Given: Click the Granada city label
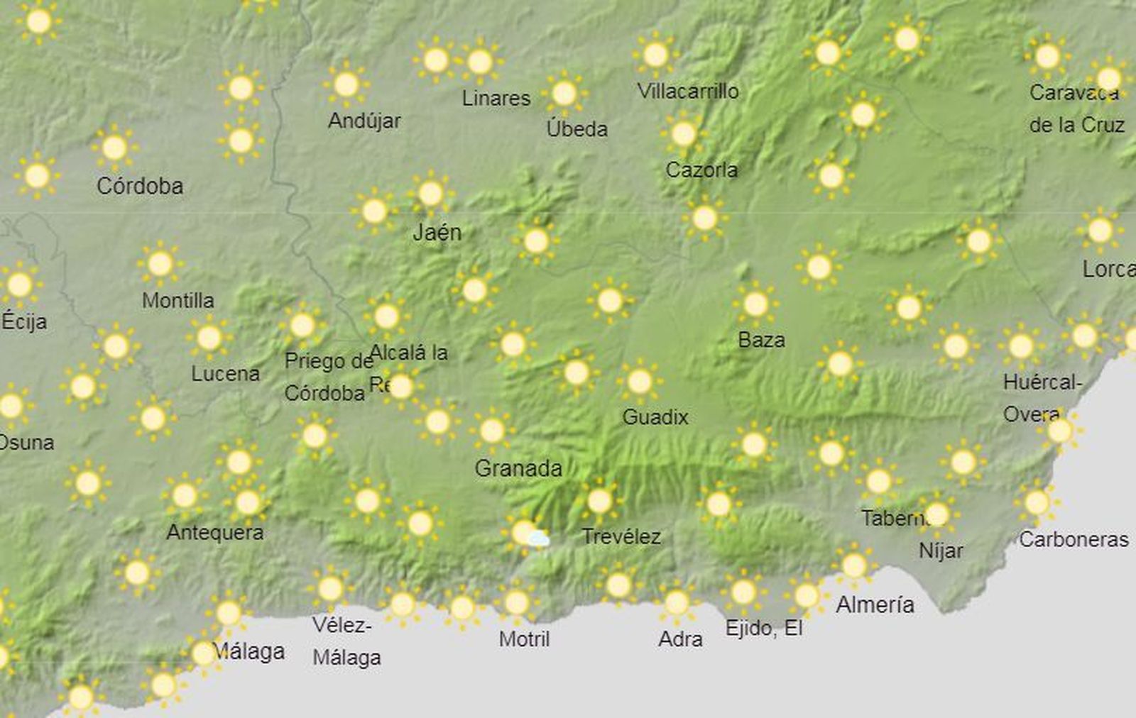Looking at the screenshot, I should [x=518, y=468].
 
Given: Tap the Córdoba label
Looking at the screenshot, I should [x=140, y=186].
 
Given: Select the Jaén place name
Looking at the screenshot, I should [x=437, y=232].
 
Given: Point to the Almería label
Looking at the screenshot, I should [x=875, y=604].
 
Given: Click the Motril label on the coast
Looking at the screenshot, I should [x=524, y=639].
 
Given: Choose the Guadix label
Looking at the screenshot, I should [x=655, y=416].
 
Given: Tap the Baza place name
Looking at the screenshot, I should [x=761, y=340].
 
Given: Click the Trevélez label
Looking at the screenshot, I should [x=621, y=536].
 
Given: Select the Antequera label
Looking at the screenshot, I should [x=214, y=532].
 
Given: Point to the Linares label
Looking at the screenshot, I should [x=496, y=98].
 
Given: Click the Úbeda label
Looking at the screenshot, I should [x=577, y=128].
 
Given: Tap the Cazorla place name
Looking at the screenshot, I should [x=701, y=170].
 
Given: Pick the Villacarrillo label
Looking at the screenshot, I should [x=688, y=91].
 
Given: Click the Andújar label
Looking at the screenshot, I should [x=364, y=121].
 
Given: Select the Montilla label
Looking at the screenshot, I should [x=177, y=300].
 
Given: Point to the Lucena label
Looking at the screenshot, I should [x=225, y=373].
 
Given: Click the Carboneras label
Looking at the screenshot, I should [x=1074, y=539].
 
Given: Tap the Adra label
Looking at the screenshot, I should [x=680, y=639].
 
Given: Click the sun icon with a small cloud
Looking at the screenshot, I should [x=527, y=534].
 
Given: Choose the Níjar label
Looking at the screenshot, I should [x=941, y=550].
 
